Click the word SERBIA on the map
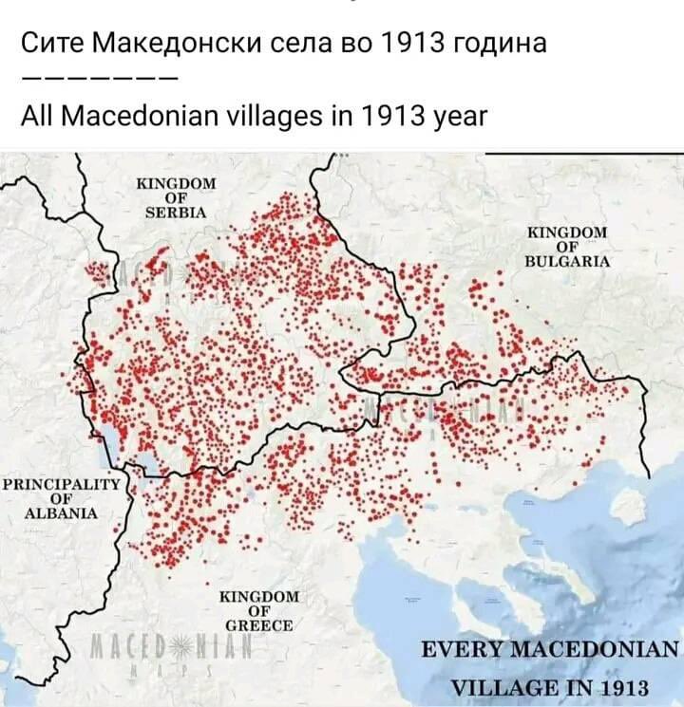[176, 212]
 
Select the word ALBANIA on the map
[62, 512]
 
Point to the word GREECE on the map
[258, 625]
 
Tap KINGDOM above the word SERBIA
[177, 183]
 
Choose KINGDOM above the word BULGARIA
[567, 232]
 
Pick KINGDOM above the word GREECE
[258, 597]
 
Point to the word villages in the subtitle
[275, 118]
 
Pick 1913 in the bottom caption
[617, 688]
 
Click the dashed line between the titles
[97, 80]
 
